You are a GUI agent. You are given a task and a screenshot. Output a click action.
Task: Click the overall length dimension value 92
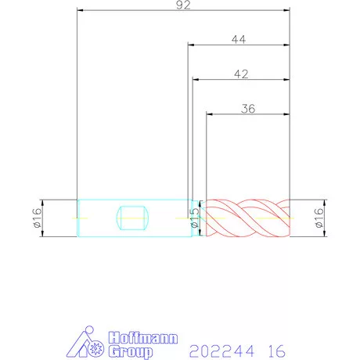[183, 5]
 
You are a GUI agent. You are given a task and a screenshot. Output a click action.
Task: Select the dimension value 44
[239, 40]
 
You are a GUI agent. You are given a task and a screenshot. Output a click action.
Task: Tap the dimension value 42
[241, 74]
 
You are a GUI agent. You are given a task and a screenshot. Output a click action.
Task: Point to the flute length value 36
[248, 109]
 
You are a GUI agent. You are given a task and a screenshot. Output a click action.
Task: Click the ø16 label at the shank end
[38, 218]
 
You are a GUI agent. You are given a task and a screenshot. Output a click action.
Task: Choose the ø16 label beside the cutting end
[319, 218]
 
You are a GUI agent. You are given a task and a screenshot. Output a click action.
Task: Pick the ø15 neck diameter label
[195, 218]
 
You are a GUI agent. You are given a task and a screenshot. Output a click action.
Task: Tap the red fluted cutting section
[248, 218]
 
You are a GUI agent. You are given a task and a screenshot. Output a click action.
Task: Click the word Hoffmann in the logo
[143, 338]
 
